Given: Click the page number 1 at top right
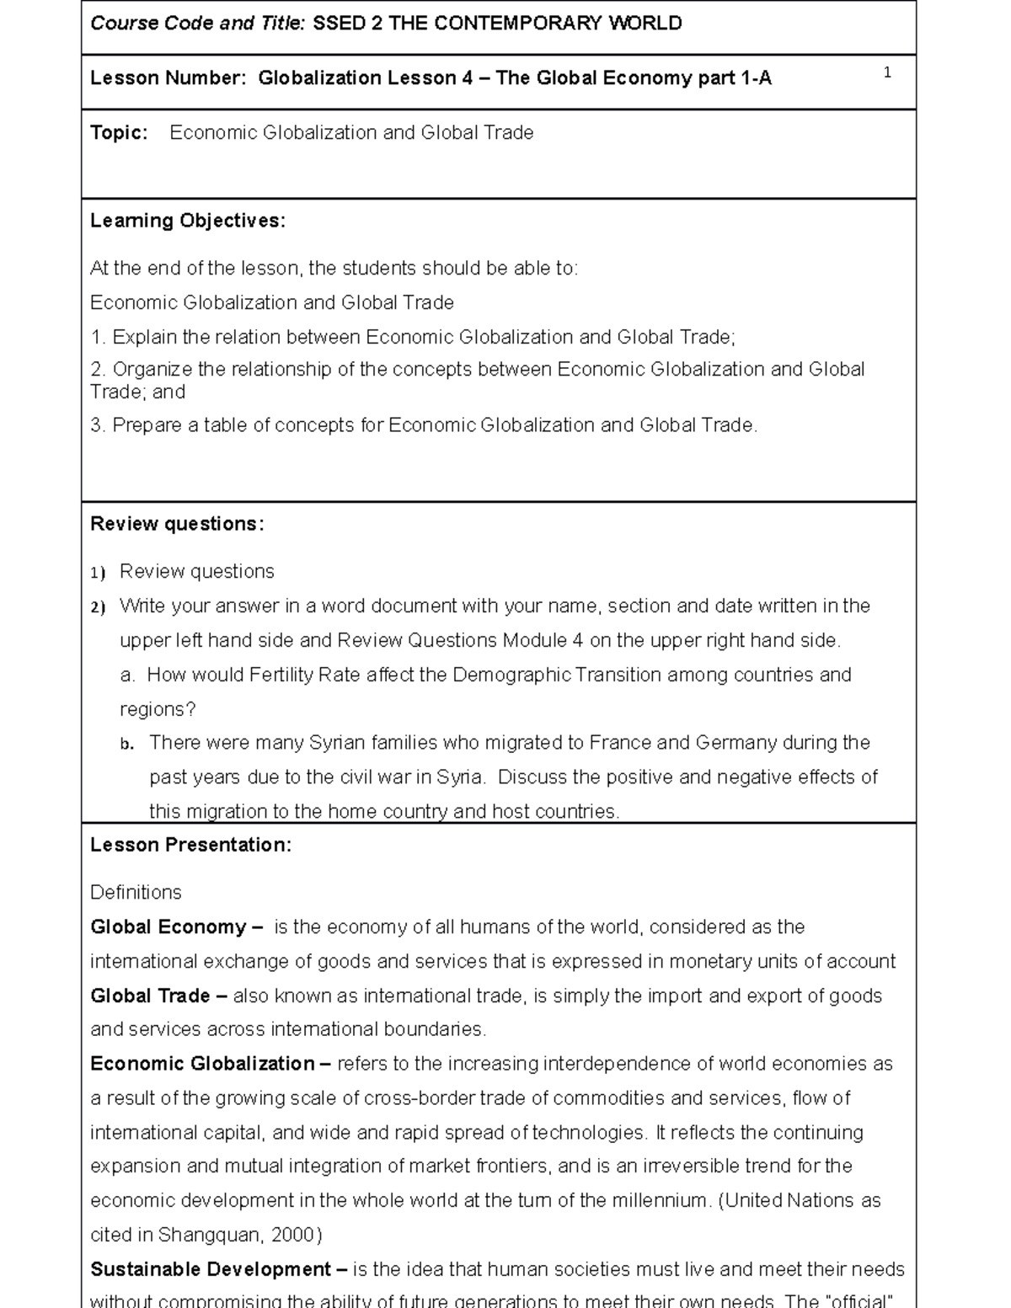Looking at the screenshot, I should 887,73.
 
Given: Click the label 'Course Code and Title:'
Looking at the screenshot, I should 198,24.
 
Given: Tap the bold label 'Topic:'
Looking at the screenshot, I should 119,133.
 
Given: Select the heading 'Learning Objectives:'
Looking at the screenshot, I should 188,221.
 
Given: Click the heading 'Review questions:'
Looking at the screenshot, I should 177,524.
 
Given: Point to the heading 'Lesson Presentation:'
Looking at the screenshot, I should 190,846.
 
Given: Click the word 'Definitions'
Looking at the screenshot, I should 136,893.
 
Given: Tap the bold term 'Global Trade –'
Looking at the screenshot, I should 158,996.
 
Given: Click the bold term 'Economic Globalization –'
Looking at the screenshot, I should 211,1065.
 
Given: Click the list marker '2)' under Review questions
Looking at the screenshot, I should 98,608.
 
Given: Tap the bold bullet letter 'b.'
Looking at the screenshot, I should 127,745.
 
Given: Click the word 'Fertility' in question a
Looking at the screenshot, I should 278,675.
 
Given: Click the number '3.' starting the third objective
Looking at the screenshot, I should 98,426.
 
